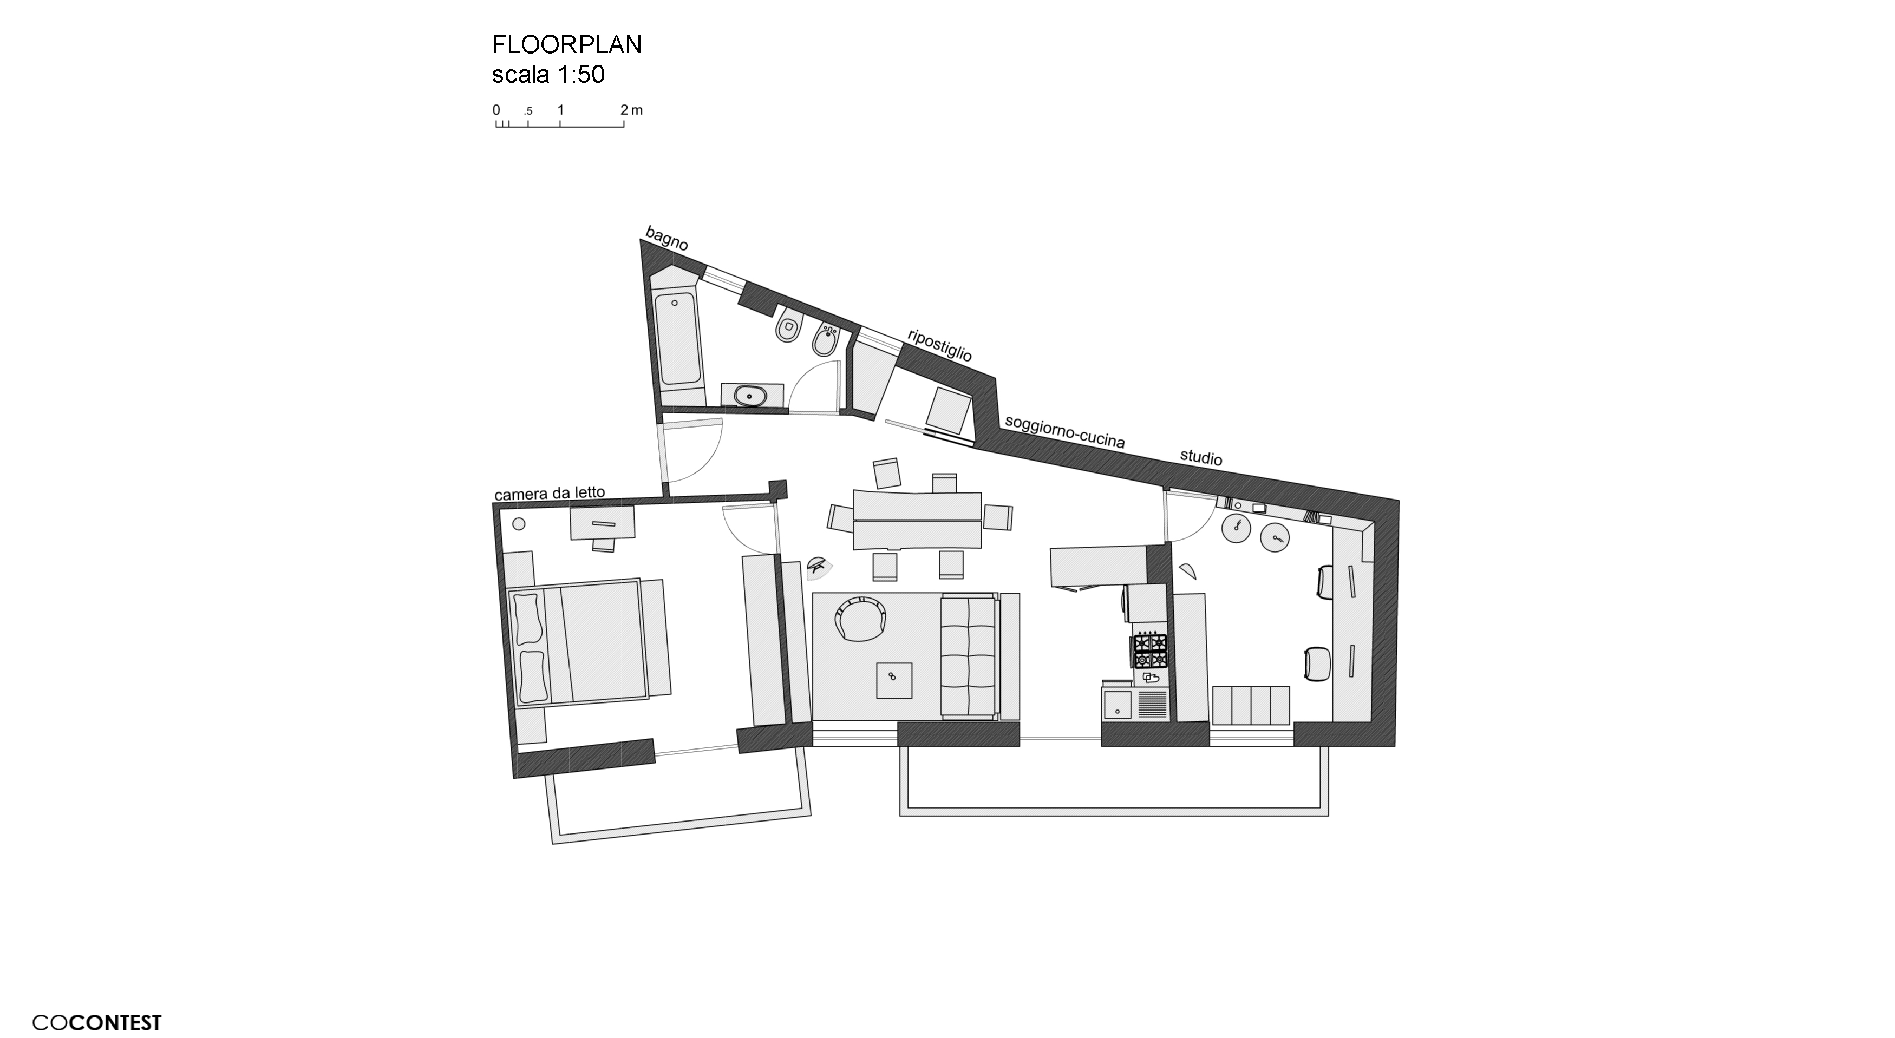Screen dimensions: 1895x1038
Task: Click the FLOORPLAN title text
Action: pos(566,45)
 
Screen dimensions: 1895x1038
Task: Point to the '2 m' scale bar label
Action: pos(631,110)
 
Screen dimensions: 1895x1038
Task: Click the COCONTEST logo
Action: pos(96,1022)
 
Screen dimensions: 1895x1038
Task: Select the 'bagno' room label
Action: pos(666,238)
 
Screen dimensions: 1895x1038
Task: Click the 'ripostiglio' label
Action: pos(940,345)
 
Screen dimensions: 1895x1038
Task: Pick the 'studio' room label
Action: pos(1201,457)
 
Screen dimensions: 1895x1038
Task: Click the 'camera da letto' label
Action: pos(550,493)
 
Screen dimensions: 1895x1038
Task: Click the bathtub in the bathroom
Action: pos(678,339)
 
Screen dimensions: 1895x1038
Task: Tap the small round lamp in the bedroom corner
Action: pos(518,524)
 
